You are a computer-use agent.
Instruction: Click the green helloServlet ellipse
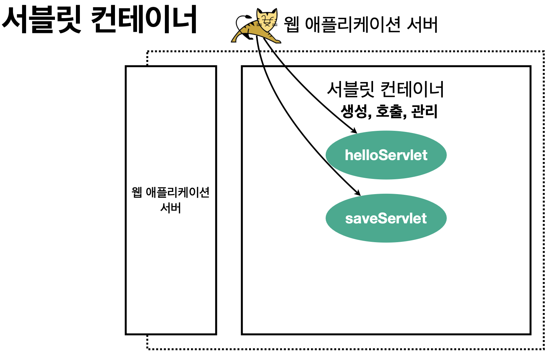386,155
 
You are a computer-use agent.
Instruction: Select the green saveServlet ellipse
386,218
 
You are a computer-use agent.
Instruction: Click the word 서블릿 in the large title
42,20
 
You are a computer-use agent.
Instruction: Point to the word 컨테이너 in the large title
144,20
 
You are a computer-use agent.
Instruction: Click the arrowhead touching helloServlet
354,131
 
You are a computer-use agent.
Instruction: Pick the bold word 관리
424,111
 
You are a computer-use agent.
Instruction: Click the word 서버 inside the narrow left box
171,208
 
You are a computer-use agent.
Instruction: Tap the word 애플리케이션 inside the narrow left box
178,192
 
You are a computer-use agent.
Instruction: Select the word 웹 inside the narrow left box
137,192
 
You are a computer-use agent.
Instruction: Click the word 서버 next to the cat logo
422,25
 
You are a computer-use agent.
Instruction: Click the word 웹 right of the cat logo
291,25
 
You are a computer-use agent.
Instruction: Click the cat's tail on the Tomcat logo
240,20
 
